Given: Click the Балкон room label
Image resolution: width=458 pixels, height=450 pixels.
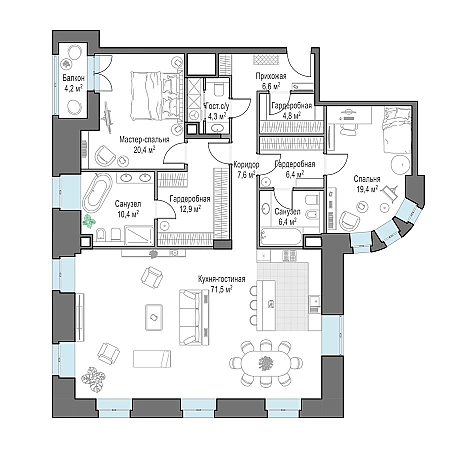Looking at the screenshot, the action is [74, 78].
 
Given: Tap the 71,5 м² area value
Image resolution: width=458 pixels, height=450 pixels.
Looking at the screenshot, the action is [221, 289].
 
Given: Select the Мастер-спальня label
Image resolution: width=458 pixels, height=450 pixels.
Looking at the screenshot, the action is [144, 139].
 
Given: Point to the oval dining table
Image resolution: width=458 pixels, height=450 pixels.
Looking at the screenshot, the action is [266, 362].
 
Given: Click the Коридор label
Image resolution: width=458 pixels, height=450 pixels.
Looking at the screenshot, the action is [246, 165].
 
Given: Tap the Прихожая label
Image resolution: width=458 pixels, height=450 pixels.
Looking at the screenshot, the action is [271, 76].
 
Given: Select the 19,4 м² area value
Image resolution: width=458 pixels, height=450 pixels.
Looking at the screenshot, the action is [367, 189].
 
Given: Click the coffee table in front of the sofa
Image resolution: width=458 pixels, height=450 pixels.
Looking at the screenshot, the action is [154, 317].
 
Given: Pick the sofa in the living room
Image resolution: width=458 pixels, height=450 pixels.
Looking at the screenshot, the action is [194, 317].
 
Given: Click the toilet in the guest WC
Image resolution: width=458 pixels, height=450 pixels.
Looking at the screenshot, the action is [219, 89].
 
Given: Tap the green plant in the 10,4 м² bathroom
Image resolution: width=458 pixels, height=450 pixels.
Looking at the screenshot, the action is [89, 221].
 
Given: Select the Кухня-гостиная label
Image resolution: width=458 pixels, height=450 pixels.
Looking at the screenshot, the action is [221, 279].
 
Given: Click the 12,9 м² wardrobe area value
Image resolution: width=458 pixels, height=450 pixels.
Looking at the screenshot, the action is [190, 209].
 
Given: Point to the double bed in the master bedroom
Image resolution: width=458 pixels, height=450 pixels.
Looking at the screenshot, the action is [156, 96].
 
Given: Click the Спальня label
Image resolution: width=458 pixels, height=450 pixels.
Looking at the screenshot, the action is [367, 179].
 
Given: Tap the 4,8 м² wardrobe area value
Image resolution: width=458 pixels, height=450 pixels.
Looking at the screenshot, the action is [292, 115].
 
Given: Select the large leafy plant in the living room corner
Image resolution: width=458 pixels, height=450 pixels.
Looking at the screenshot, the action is [94, 379].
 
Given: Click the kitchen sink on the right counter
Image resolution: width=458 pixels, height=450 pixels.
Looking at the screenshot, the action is [314, 302].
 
